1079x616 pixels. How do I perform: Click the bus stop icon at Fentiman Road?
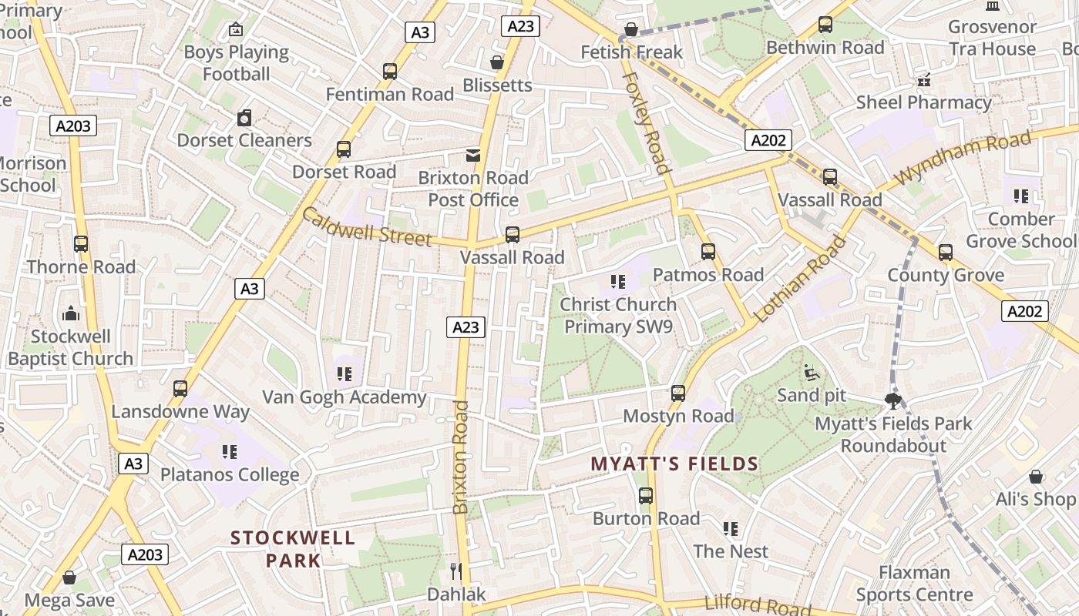point(390,72)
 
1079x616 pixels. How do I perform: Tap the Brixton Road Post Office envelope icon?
point(473,156)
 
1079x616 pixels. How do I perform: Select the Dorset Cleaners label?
point(244,140)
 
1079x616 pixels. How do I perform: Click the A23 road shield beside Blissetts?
point(521,26)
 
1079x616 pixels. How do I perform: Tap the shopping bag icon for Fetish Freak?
point(631,30)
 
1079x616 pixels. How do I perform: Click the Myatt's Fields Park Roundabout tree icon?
point(893,400)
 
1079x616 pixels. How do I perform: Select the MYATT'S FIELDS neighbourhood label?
point(674,464)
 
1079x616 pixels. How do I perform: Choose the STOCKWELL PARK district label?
point(293,548)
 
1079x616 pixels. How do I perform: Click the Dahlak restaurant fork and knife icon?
point(456,571)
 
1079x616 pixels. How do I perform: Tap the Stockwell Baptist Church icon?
point(71,313)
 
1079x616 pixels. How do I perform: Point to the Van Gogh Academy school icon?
point(344,374)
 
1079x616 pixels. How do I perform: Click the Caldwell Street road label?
point(366,226)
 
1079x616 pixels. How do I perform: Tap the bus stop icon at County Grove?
point(946,253)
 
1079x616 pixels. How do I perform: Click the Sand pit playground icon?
point(810,373)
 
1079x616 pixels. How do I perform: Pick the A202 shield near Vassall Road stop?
point(768,139)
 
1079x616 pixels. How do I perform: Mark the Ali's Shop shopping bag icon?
point(1036,477)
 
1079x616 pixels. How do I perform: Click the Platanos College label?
point(230,474)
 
